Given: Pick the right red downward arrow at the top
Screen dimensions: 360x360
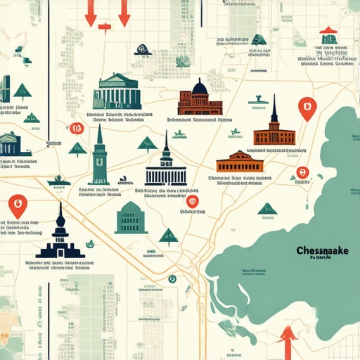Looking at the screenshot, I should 124,13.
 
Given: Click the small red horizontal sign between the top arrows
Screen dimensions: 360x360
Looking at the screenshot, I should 105,27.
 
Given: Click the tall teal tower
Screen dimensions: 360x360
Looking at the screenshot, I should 98,157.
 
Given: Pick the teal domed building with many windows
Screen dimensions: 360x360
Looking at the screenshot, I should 131,218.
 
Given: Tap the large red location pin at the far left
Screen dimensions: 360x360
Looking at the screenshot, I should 17,206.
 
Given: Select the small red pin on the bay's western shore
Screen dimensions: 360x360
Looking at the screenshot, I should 302,172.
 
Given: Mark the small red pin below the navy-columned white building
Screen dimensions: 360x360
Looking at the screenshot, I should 193,202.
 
